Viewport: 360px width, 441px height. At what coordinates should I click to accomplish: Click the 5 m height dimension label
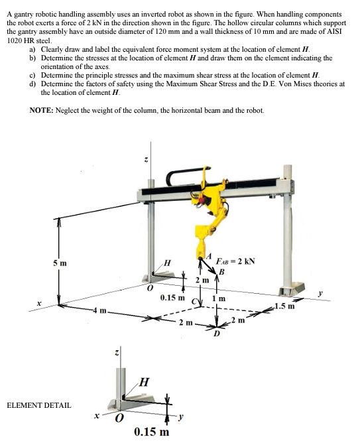[60, 263]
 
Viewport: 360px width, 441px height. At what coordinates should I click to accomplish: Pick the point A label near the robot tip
[209, 256]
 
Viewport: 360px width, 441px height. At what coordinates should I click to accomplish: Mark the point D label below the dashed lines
[215, 333]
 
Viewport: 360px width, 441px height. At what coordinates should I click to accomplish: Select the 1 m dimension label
[229, 298]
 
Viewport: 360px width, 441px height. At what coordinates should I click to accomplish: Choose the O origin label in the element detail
[120, 419]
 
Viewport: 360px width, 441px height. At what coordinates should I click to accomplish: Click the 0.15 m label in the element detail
[151, 432]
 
